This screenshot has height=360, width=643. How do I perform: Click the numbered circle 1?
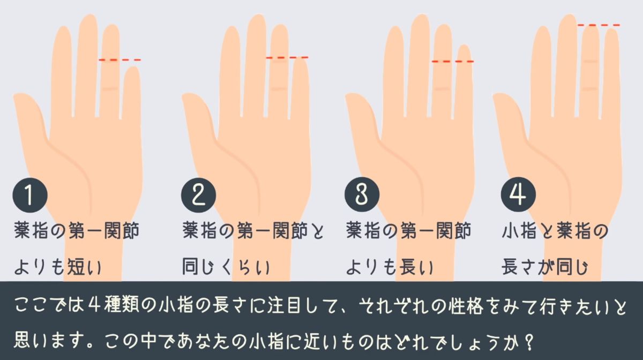[x=30, y=195]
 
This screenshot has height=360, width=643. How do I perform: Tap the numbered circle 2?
[x=198, y=195]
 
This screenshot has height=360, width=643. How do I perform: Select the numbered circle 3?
[x=362, y=195]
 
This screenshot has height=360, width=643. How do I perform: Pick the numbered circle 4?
[x=518, y=195]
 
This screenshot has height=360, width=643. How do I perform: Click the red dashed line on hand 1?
[x=119, y=60]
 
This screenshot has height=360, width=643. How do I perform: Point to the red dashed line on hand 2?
[x=287, y=58]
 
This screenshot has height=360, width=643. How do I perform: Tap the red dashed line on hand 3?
[x=453, y=62]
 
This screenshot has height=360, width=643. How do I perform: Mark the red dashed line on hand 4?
[x=599, y=25]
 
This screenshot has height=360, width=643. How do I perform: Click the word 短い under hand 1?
[x=84, y=267]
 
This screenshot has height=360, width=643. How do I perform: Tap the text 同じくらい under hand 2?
[x=226, y=267]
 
